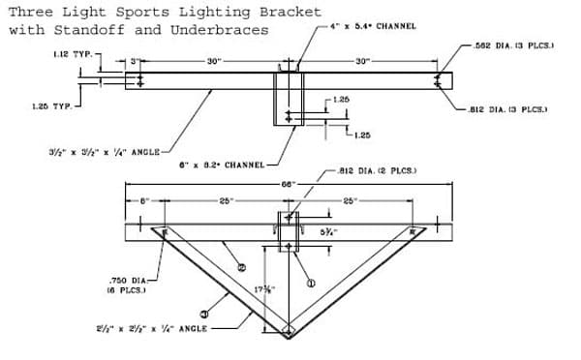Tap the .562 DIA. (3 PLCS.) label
514,45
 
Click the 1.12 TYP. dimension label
74,54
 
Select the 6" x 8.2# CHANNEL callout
222,165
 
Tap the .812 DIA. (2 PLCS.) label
378,170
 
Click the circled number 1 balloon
311,284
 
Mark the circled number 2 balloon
241,267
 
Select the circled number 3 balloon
204,313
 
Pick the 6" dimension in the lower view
142,200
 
